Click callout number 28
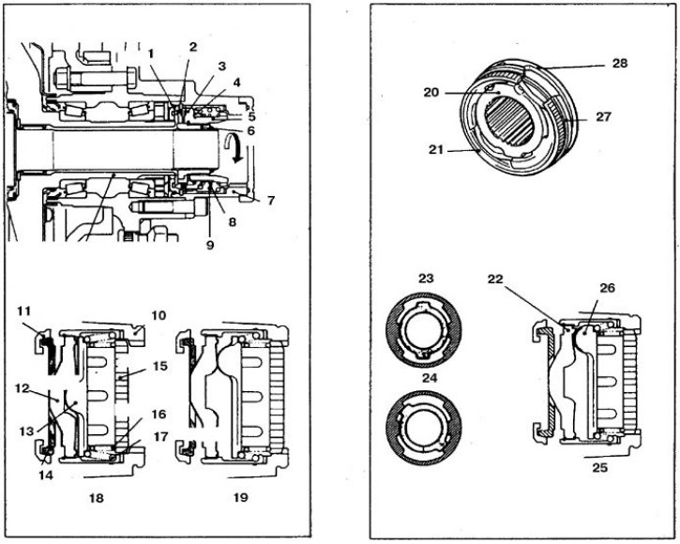click(x=620, y=64)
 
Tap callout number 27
click(x=603, y=116)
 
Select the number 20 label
click(x=431, y=93)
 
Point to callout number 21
click(x=435, y=150)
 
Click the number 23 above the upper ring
click(x=426, y=278)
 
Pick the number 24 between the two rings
click(x=430, y=378)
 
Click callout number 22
click(x=495, y=279)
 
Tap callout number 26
click(x=607, y=288)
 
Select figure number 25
click(x=599, y=468)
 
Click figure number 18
click(x=97, y=498)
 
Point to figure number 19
click(x=240, y=497)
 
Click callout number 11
click(x=23, y=310)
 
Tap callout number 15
click(x=159, y=366)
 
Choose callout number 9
click(x=210, y=245)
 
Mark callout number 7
click(x=271, y=201)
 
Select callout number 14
click(x=46, y=475)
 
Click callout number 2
click(x=192, y=47)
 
